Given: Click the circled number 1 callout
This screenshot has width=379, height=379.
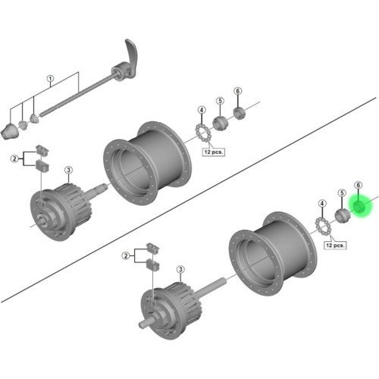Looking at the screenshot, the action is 51,79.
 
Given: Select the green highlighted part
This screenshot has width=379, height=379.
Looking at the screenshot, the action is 359,206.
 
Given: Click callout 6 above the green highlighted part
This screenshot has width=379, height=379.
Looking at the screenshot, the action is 358,185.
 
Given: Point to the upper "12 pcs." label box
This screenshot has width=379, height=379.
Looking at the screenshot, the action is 214,152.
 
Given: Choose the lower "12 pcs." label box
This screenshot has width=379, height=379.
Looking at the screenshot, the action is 335,245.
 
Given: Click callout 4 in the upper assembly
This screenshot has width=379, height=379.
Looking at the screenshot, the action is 202,110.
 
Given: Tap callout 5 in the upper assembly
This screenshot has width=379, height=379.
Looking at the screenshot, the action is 220,101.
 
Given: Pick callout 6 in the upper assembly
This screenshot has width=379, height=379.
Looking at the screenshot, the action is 237,91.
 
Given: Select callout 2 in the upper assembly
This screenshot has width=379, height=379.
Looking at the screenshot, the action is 14,159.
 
